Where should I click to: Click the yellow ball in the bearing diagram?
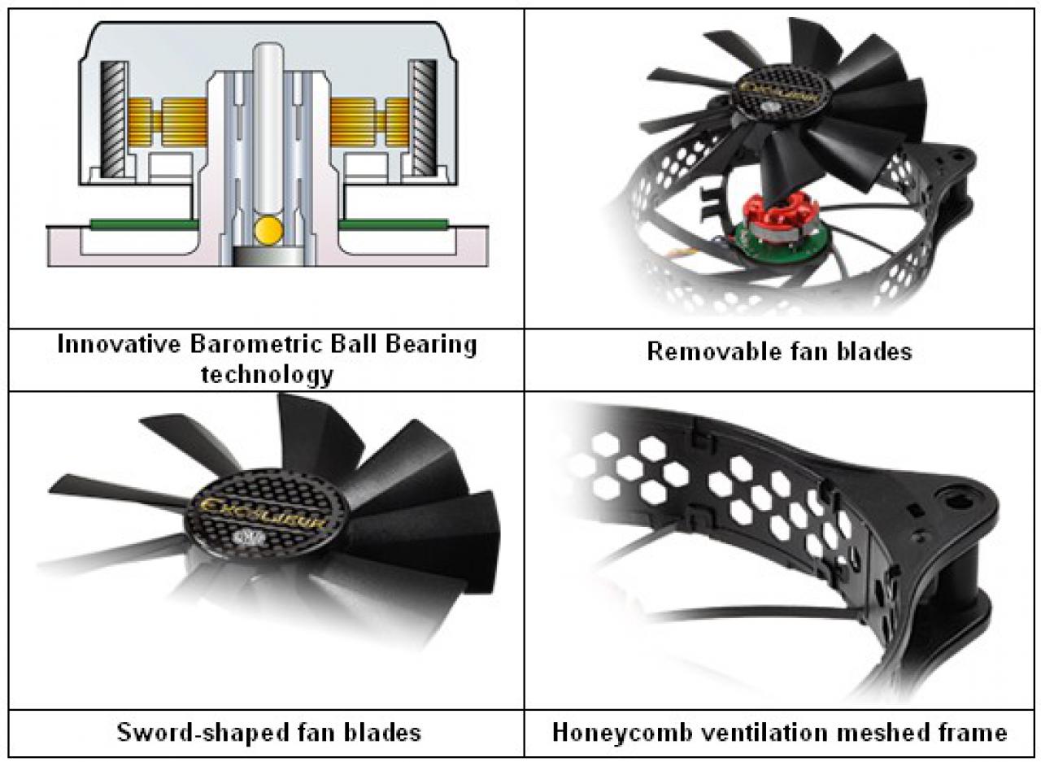pyautogui.click(x=268, y=229)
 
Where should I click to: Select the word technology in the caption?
pyautogui.click(x=267, y=375)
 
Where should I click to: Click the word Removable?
pyautogui.click(x=712, y=352)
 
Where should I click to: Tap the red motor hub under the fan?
pyautogui.click(x=781, y=213)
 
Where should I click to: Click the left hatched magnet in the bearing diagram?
pyautogui.click(x=113, y=119)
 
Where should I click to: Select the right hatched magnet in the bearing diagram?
pyautogui.click(x=422, y=117)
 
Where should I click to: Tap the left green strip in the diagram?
pyautogui.click(x=145, y=225)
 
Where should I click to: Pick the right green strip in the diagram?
pyautogui.click(x=394, y=225)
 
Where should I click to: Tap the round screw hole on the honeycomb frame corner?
pyautogui.click(x=959, y=500)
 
